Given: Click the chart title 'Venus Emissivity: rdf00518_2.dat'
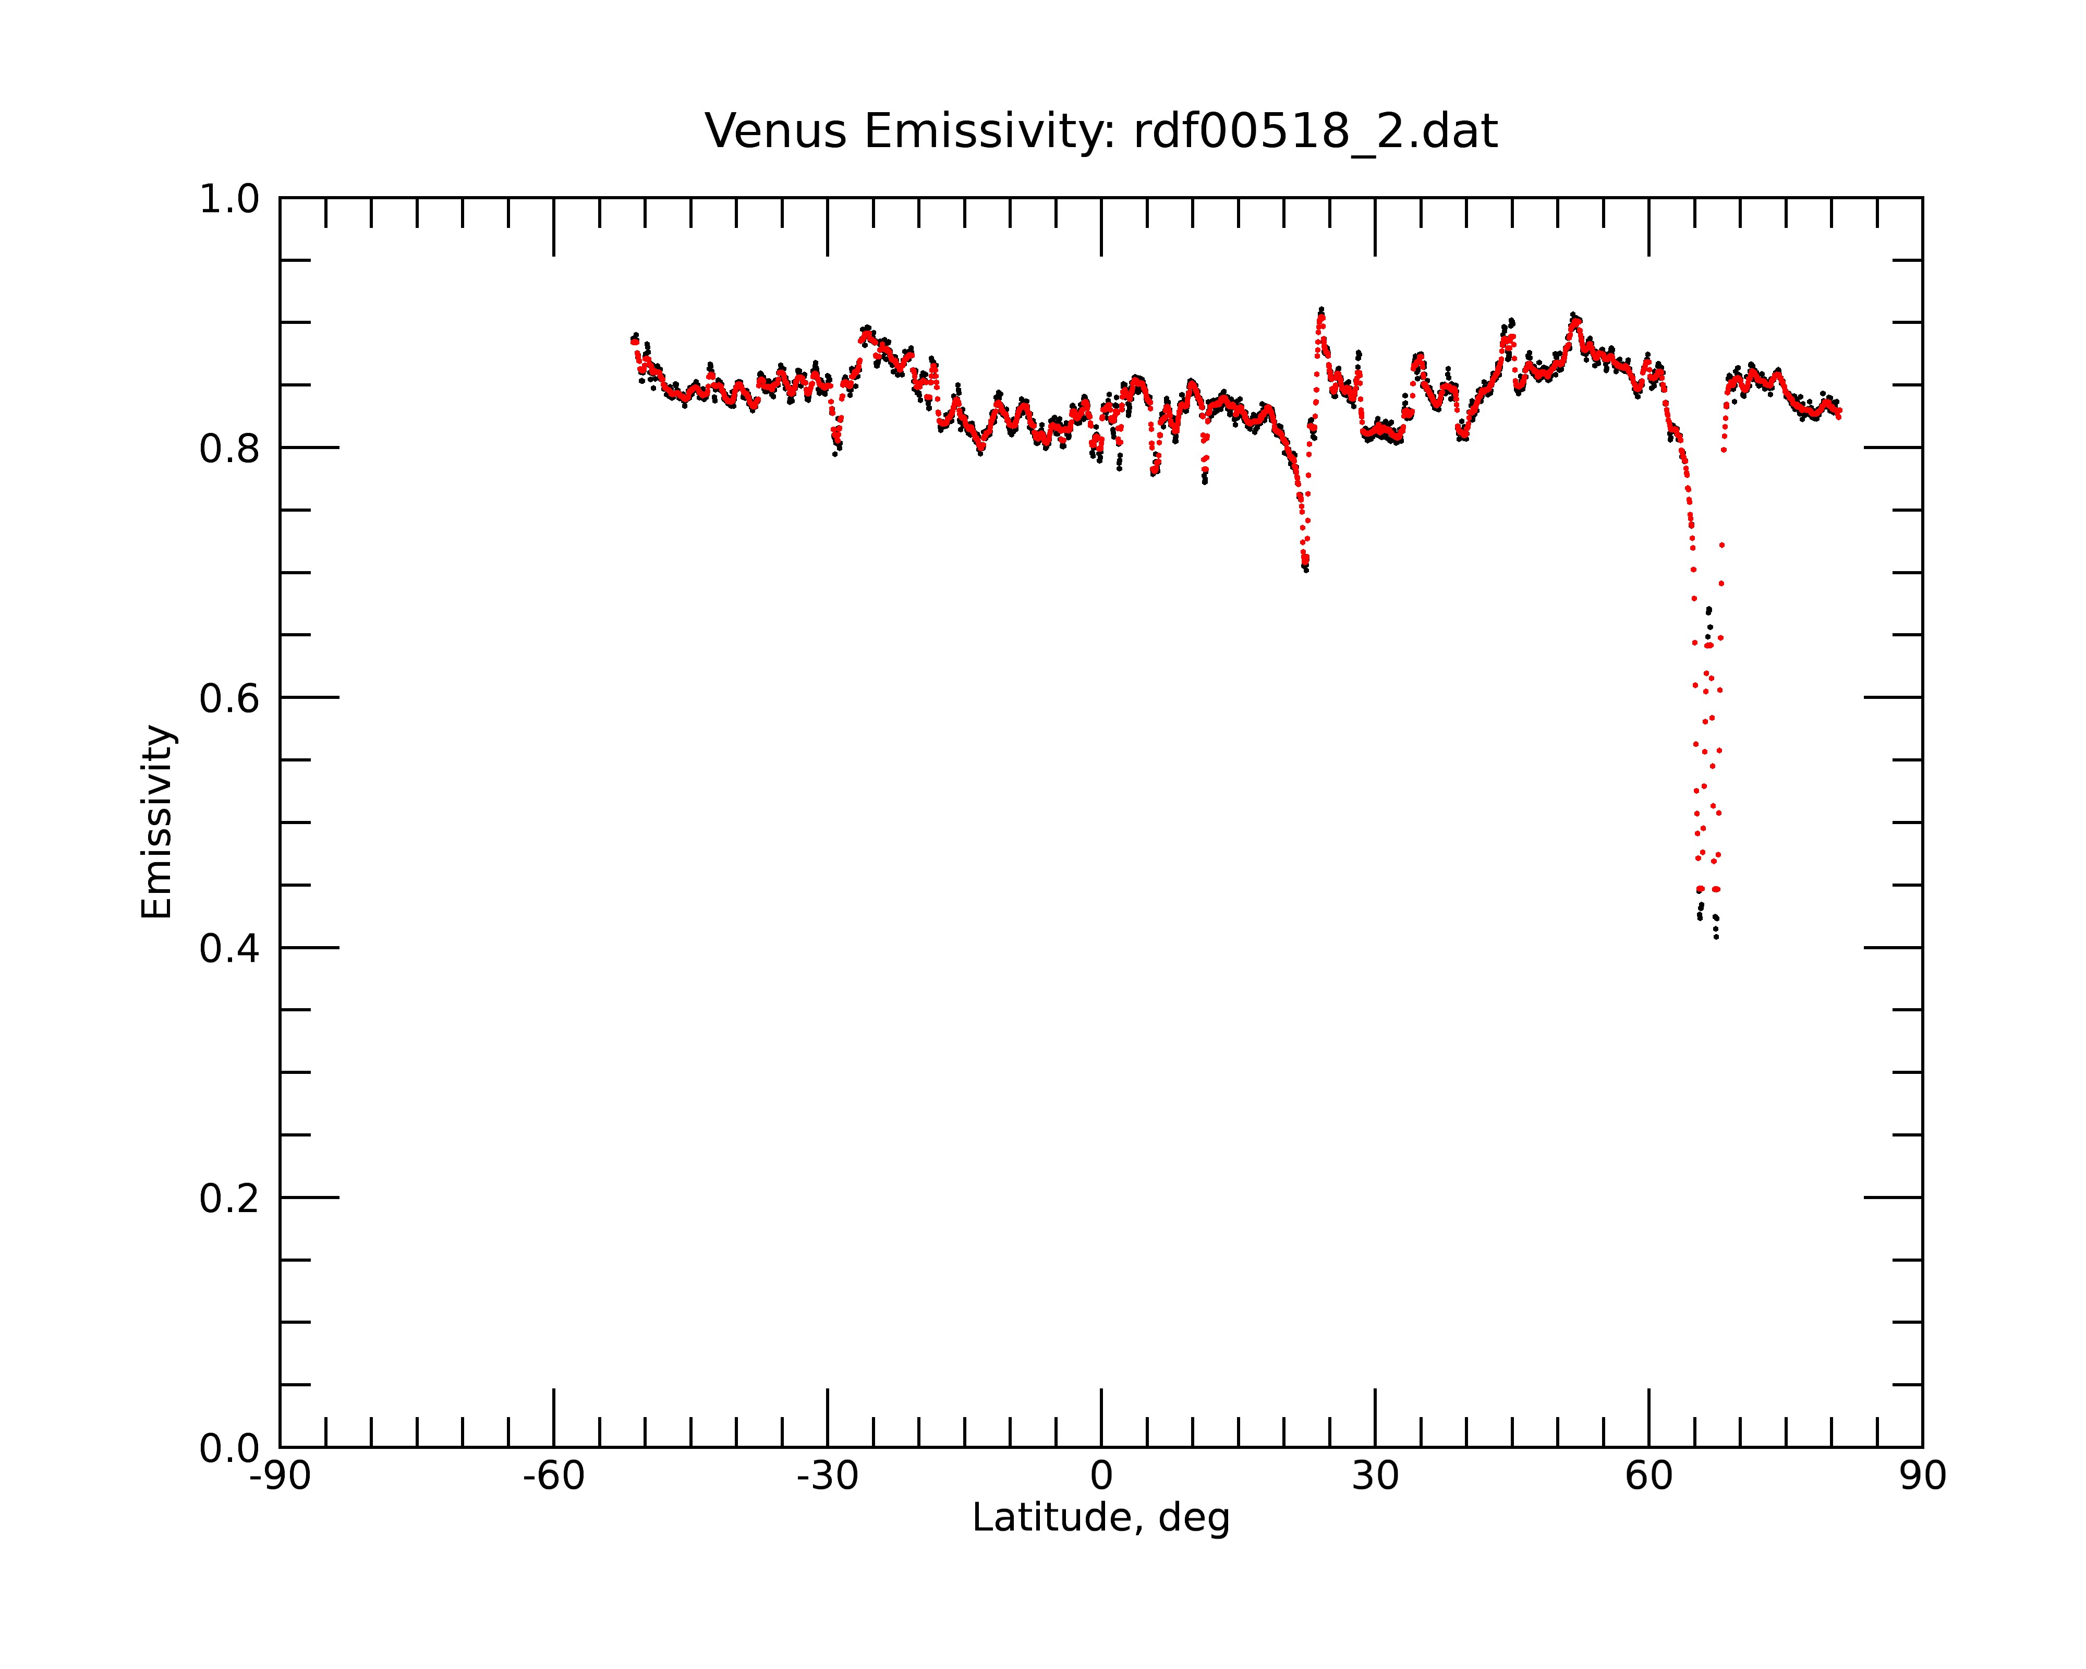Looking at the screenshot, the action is (1101, 131).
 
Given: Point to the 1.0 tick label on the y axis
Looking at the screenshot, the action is (229, 199).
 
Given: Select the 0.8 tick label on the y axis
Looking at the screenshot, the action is (229, 449).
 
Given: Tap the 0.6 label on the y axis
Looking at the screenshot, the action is (229, 698).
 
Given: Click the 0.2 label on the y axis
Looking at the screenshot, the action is (229, 1199).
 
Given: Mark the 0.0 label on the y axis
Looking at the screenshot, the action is (229, 1448).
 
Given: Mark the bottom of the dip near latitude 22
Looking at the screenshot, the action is (1305, 570).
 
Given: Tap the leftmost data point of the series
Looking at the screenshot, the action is (632, 341).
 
